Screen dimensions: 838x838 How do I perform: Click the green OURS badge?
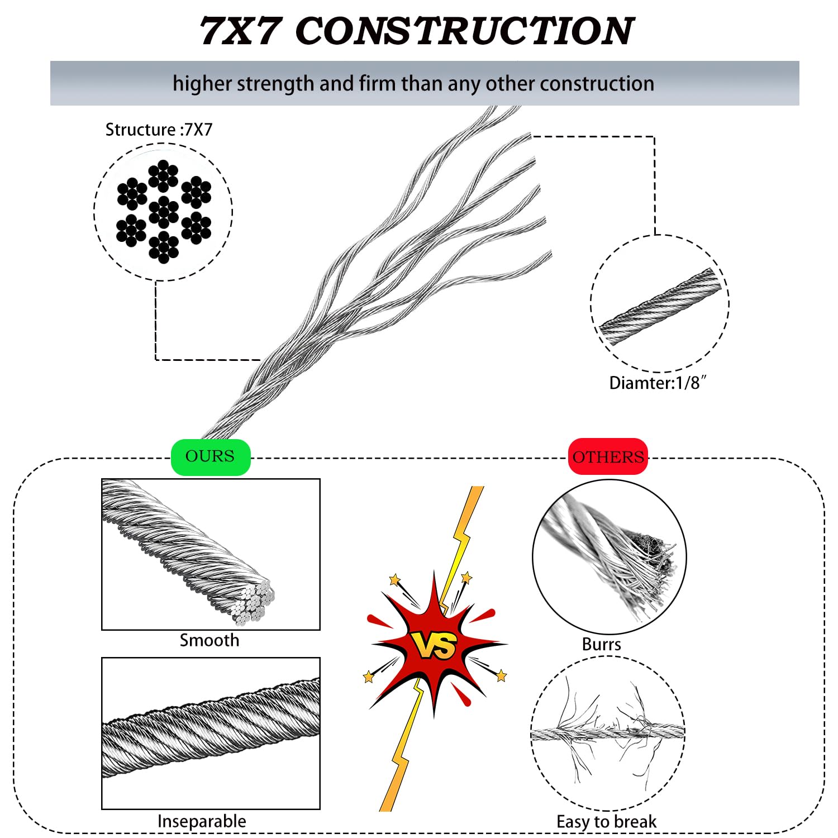pos(210,456)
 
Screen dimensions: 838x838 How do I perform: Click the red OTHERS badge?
pos(608,457)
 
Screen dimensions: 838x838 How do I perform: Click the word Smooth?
pos(209,640)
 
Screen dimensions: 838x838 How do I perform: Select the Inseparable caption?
pos(202,821)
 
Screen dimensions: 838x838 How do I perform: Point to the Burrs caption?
pos(601,644)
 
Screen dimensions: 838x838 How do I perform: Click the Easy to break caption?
pos(606,822)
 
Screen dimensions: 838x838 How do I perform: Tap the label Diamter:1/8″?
pos(658,383)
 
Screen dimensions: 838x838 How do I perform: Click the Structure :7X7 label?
pos(159,130)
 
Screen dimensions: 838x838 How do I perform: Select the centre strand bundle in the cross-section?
pos(164,212)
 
